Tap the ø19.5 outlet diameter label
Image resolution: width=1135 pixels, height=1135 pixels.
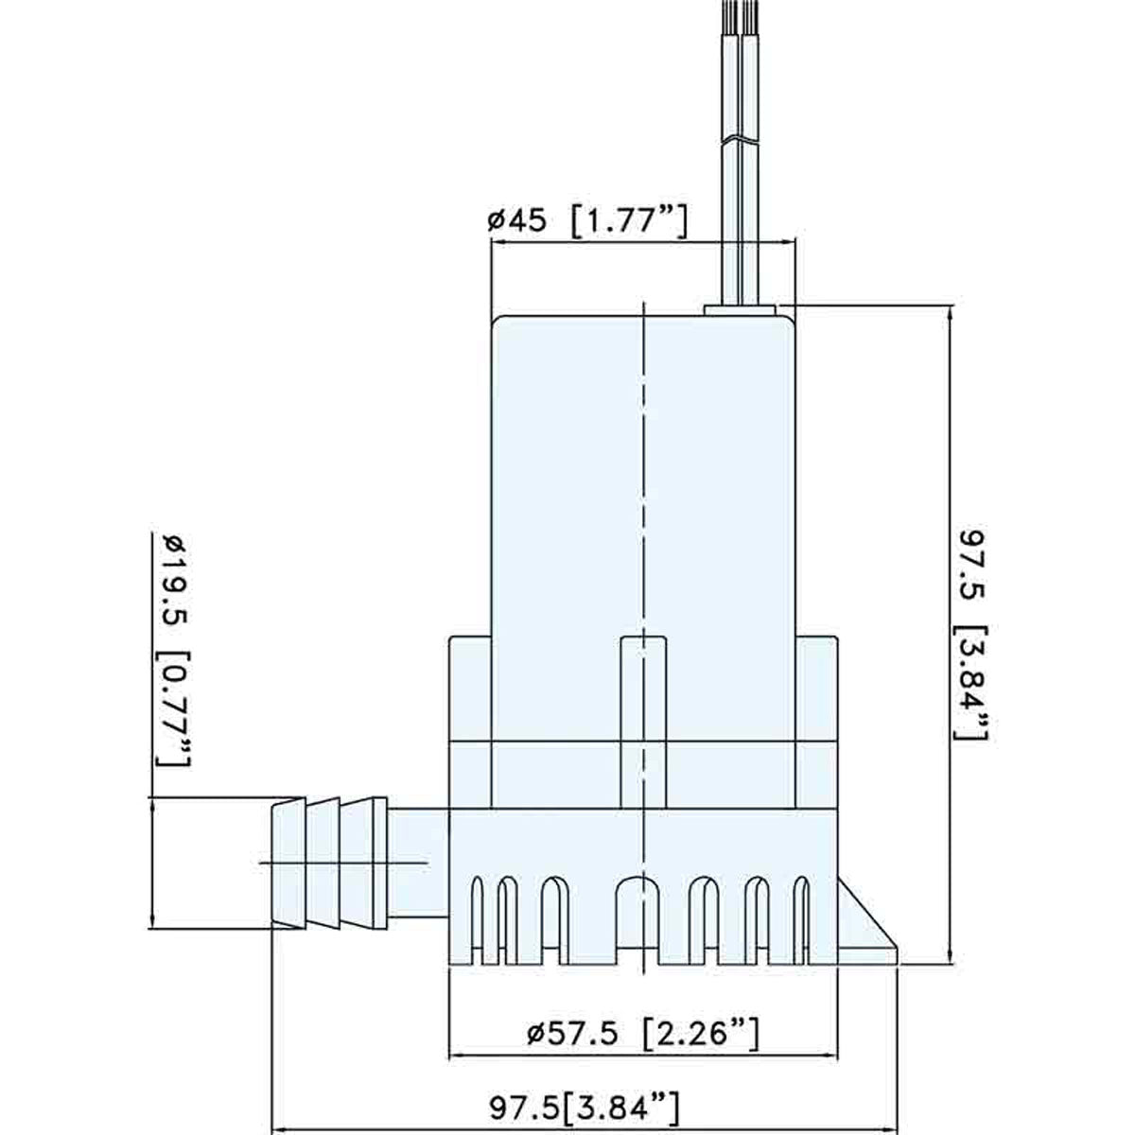click(x=171, y=586)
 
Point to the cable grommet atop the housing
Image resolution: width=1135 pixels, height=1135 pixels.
click(x=740, y=308)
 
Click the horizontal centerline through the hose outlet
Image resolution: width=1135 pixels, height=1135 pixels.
click(x=350, y=864)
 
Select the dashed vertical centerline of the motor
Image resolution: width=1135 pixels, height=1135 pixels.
click(x=642, y=473)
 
